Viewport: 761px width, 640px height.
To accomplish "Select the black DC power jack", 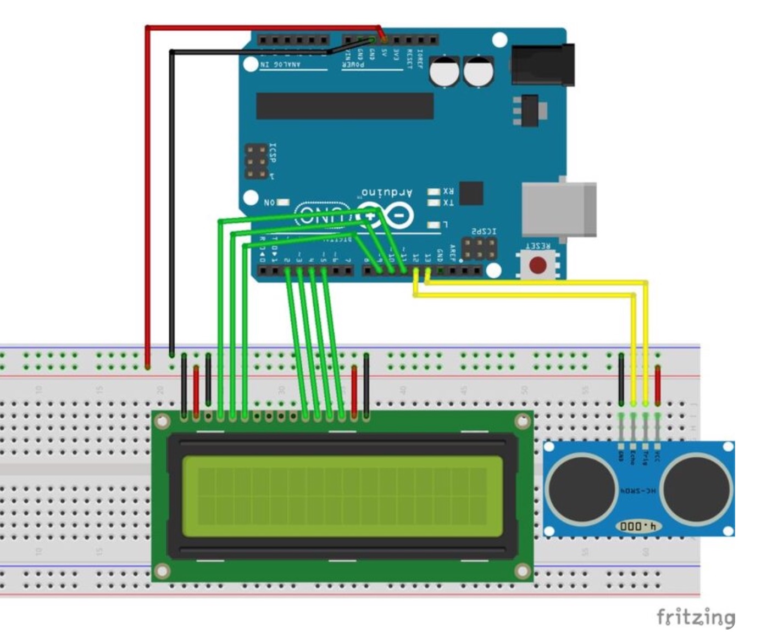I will tap(542, 65).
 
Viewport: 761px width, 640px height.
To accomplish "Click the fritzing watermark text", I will tap(695, 616).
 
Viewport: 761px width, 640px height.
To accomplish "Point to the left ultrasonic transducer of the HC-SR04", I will tap(580, 487).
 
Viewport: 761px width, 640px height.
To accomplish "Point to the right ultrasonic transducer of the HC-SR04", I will tap(697, 487).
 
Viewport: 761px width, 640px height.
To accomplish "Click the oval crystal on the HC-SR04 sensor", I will tap(638, 526).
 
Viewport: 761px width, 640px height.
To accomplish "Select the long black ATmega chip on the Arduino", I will tap(345, 106).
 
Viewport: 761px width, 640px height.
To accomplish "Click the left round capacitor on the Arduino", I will tap(445, 72).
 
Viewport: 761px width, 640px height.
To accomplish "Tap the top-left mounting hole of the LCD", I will tap(161, 422).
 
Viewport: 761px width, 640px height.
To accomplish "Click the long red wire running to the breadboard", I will tap(147, 192).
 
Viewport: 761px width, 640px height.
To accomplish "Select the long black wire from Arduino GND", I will tap(172, 203).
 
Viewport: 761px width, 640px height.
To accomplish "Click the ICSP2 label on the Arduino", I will tap(484, 232).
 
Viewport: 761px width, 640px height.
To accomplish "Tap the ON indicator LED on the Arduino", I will tap(282, 203).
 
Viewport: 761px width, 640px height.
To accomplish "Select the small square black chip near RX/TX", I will tap(471, 193).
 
